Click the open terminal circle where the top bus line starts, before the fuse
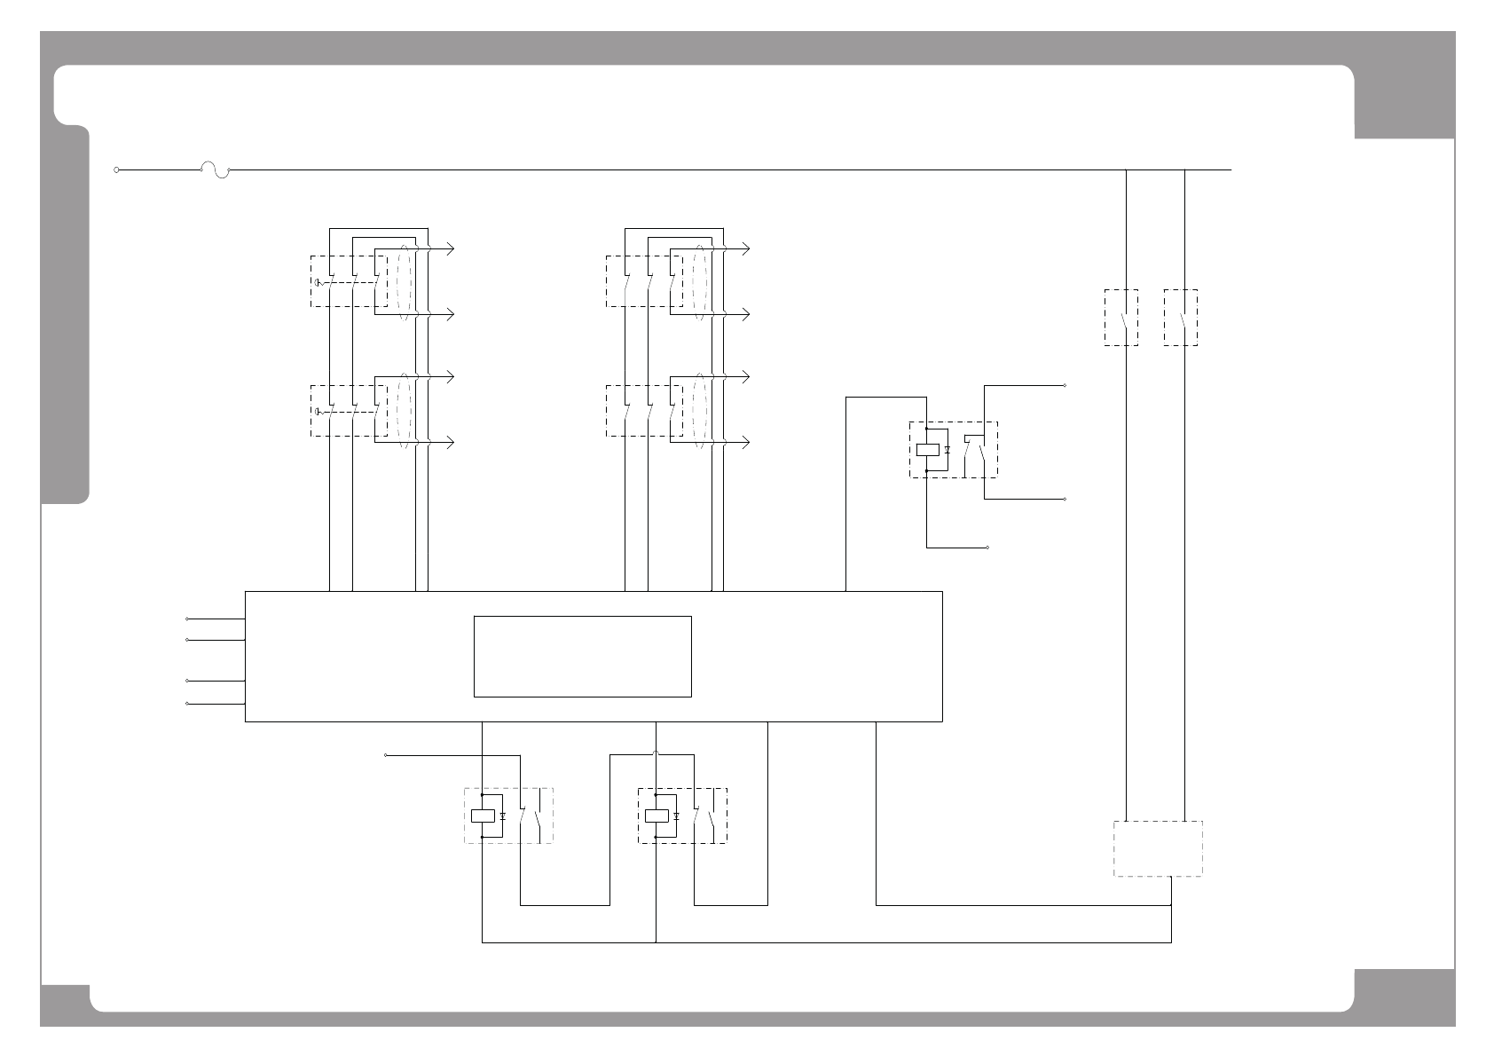point(116,169)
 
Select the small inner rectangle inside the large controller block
point(582,657)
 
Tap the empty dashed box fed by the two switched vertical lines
point(1158,848)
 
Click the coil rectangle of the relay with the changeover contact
point(927,450)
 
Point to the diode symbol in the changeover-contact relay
point(948,450)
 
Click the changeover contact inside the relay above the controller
point(976,450)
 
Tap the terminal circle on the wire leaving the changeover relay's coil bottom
point(987,548)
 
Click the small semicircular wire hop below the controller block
point(656,754)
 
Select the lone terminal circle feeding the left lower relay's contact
point(386,755)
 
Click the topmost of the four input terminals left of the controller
point(187,619)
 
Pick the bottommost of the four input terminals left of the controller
point(187,704)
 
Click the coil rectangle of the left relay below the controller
point(482,816)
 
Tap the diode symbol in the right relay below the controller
point(676,816)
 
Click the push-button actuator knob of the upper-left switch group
point(318,283)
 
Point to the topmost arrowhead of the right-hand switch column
point(745,249)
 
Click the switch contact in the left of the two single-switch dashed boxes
point(1123,318)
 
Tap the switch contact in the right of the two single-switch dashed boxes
point(1182,318)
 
